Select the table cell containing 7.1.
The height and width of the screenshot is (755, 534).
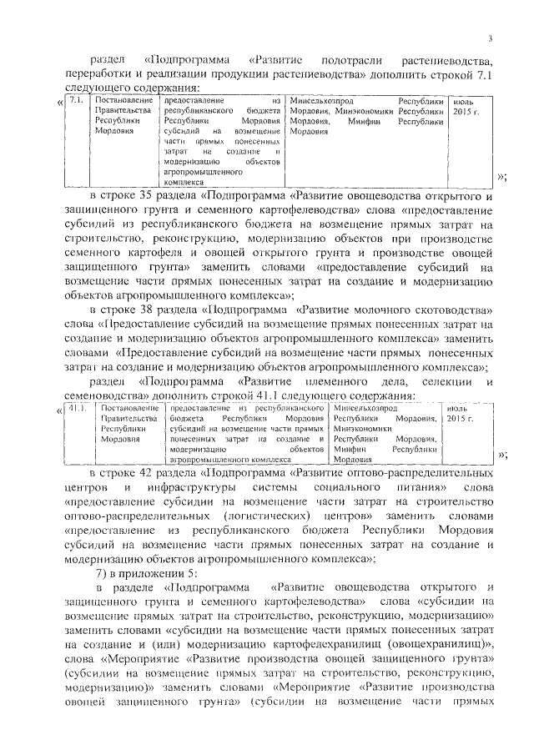[x=75, y=100]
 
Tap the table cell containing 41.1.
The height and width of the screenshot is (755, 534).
[x=78, y=407]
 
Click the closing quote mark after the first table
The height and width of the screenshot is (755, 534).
[x=502, y=176]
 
